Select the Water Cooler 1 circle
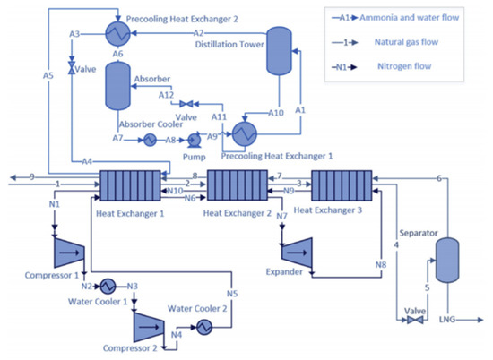[105, 286]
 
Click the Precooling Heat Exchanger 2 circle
[117, 33]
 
